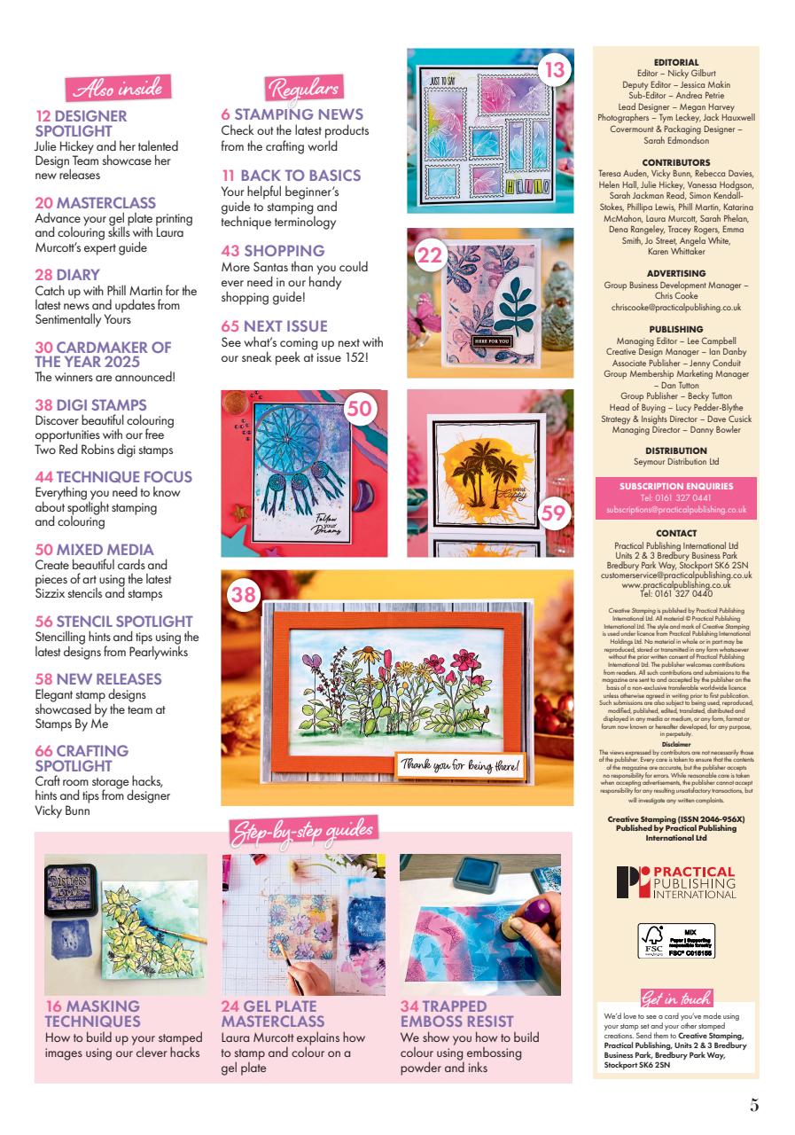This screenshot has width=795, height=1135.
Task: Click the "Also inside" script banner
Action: click(x=115, y=89)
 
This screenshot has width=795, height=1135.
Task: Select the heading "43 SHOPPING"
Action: click(x=273, y=251)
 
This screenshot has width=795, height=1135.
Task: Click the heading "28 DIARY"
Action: click(x=67, y=276)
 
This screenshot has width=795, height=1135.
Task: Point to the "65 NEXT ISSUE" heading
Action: click(x=274, y=326)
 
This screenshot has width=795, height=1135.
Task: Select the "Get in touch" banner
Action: click(x=675, y=998)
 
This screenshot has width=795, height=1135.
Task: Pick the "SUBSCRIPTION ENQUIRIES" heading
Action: click(x=675, y=486)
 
